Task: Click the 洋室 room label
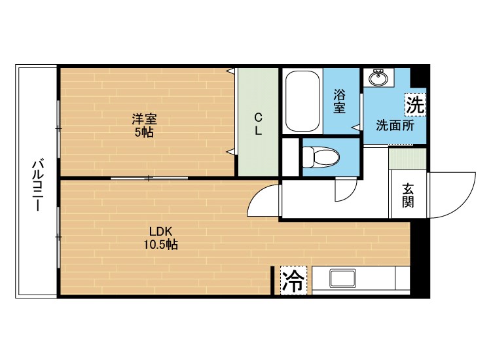(144, 119)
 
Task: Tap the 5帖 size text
(144, 132)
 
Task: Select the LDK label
(160, 232)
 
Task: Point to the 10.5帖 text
(160, 244)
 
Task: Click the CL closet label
(259, 124)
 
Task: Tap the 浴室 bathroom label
(339, 101)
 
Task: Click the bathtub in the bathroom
(302, 101)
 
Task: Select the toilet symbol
(321, 156)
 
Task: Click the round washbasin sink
(378, 77)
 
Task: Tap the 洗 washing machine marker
(415, 105)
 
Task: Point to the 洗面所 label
(395, 126)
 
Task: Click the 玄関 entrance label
(408, 195)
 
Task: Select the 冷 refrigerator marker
(293, 280)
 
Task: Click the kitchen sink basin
(342, 279)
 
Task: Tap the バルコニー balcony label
(37, 186)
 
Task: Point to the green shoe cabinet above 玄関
(407, 158)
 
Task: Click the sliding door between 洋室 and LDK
(149, 178)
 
